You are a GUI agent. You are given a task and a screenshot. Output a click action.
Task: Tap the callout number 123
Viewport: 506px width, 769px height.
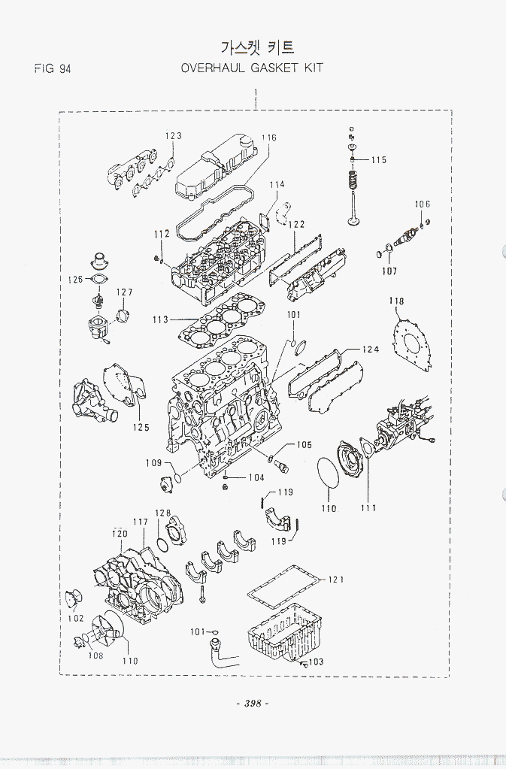pyautogui.click(x=174, y=136)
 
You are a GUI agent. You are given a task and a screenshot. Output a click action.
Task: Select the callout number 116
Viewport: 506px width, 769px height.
pyautogui.click(x=268, y=138)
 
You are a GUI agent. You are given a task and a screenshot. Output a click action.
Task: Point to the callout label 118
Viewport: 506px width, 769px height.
pyautogui.click(x=396, y=301)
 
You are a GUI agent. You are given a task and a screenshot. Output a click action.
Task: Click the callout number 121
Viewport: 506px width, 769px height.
pyautogui.click(x=336, y=580)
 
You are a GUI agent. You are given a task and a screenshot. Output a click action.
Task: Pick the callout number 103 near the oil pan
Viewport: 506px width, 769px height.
pyautogui.click(x=316, y=662)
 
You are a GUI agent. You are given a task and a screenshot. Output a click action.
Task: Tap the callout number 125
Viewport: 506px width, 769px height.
pyautogui.click(x=141, y=428)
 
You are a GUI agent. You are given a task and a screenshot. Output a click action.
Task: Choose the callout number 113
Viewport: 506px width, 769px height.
pyautogui.click(x=160, y=319)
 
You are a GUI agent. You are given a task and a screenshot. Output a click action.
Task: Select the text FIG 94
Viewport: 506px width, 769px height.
pyautogui.click(x=53, y=68)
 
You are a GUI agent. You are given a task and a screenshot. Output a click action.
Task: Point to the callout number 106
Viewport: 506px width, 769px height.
pyautogui.click(x=422, y=204)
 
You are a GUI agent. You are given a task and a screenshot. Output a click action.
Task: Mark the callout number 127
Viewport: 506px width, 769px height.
pyautogui.click(x=124, y=292)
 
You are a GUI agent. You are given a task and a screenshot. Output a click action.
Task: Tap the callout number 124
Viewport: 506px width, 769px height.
pyautogui.click(x=370, y=350)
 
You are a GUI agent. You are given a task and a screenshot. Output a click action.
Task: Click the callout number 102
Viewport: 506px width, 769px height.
pyautogui.click(x=75, y=619)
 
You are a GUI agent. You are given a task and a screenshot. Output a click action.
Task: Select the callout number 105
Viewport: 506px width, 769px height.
pyautogui.click(x=303, y=445)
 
